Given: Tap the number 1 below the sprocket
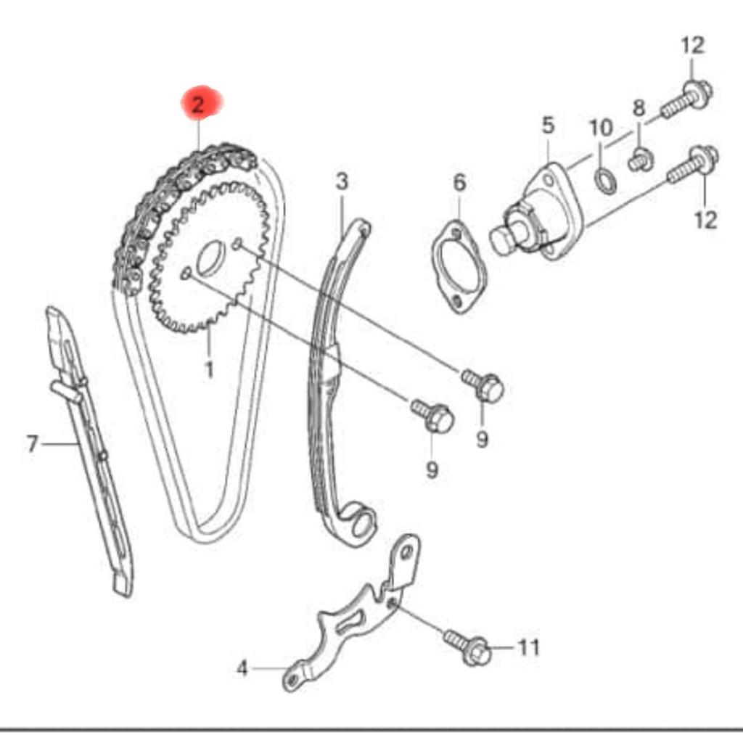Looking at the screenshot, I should [209, 369].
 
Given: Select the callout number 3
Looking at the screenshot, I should [342, 181].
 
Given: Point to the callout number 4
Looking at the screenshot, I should [242, 668].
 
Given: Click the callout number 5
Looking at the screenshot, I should [548, 125].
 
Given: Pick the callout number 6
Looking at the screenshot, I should [459, 183].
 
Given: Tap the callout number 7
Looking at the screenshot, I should [32, 443].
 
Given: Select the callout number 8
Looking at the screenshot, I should [639, 109].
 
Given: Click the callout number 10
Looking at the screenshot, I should [601, 129].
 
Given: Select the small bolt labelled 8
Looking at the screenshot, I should [639, 159].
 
